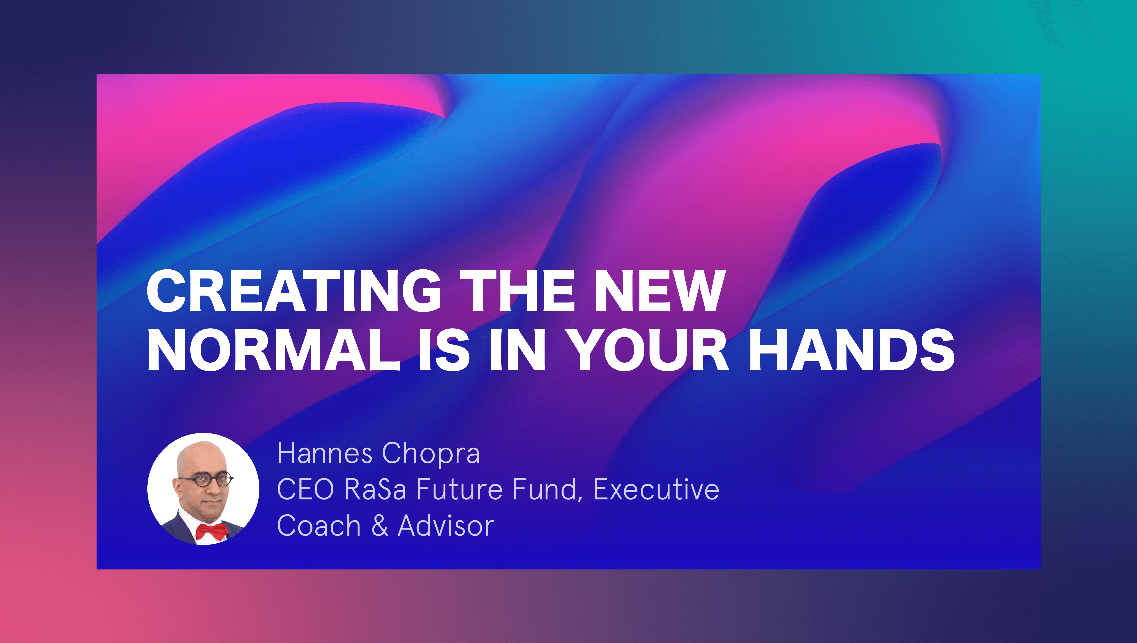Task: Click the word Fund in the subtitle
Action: pyautogui.click(x=548, y=490)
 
